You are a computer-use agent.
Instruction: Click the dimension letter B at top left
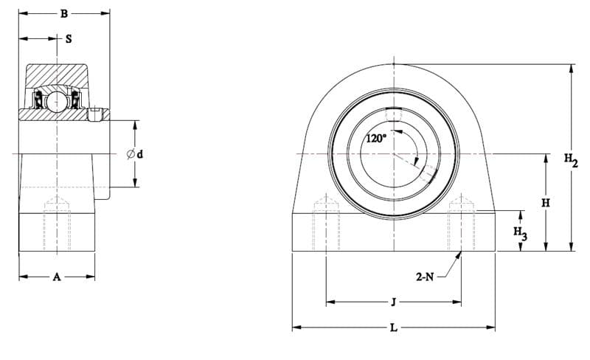64,14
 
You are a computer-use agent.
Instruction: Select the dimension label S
69,39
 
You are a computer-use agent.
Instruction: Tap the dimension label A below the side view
57,277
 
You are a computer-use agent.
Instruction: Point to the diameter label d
140,154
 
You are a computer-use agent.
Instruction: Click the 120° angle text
376,139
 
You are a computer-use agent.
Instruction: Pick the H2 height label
571,160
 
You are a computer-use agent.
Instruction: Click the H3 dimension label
521,233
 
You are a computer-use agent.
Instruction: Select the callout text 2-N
425,277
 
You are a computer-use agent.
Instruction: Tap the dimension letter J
394,302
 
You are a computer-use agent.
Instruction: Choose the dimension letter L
394,328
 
